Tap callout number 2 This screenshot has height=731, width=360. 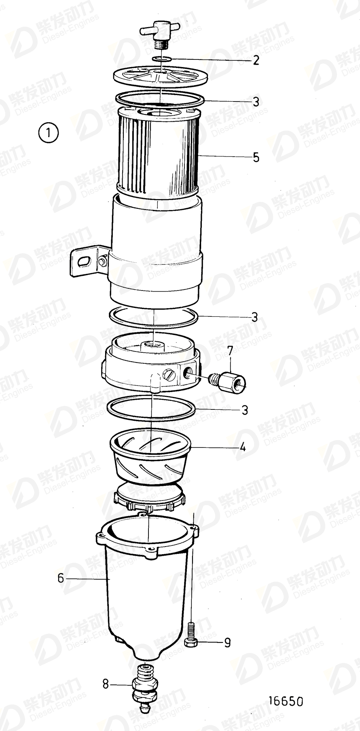point(255,61)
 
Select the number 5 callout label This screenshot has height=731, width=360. point(256,157)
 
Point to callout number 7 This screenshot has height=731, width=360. point(230,351)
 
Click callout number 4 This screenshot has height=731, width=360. point(242,447)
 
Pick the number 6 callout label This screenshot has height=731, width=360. point(61,578)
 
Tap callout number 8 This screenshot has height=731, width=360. point(106,684)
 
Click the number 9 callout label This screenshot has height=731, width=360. point(227,642)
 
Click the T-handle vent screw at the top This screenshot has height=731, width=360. point(157,33)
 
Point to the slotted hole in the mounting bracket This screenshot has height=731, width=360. point(83,261)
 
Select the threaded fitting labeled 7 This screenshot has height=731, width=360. point(229,381)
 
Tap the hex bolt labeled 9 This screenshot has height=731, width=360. point(191,635)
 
